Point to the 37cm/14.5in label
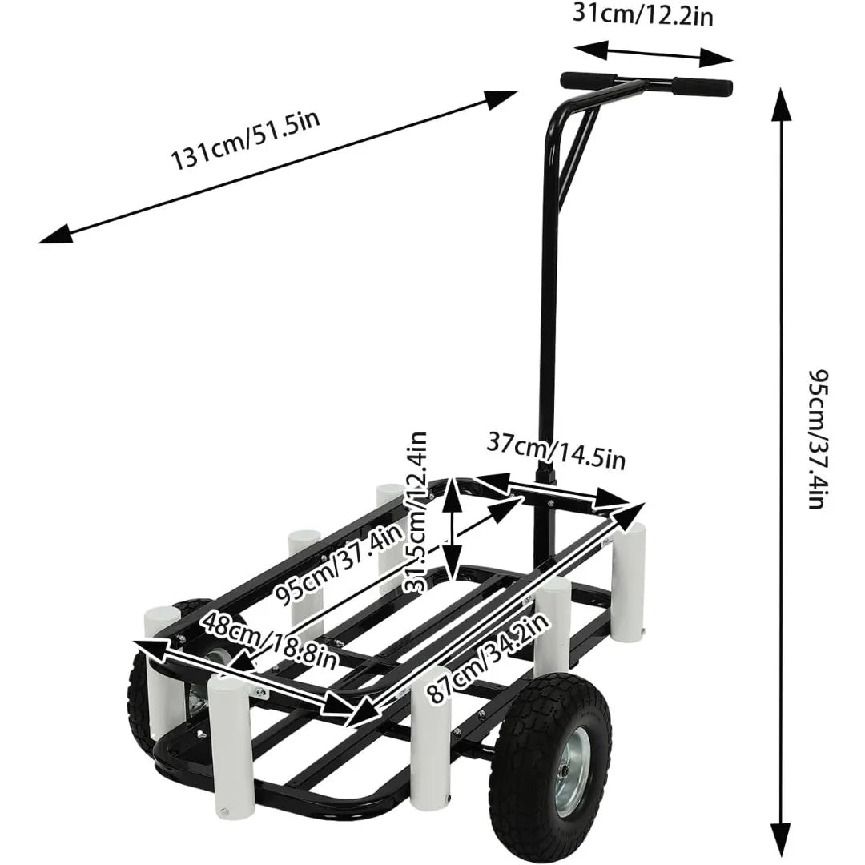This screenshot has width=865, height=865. click(x=556, y=452)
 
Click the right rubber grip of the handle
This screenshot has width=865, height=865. click(x=702, y=86)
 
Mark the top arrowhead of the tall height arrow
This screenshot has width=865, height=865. click(x=776, y=96)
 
